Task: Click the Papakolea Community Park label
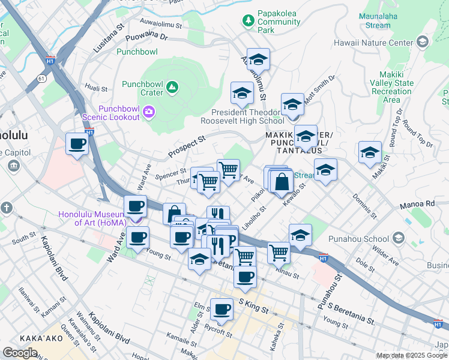point(279,22)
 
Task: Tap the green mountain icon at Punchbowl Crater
point(173,88)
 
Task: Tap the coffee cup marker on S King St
point(221,309)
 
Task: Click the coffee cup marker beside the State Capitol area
point(77,144)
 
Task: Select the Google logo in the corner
point(20,353)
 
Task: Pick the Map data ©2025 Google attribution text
point(412,356)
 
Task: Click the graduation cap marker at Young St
point(199,259)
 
